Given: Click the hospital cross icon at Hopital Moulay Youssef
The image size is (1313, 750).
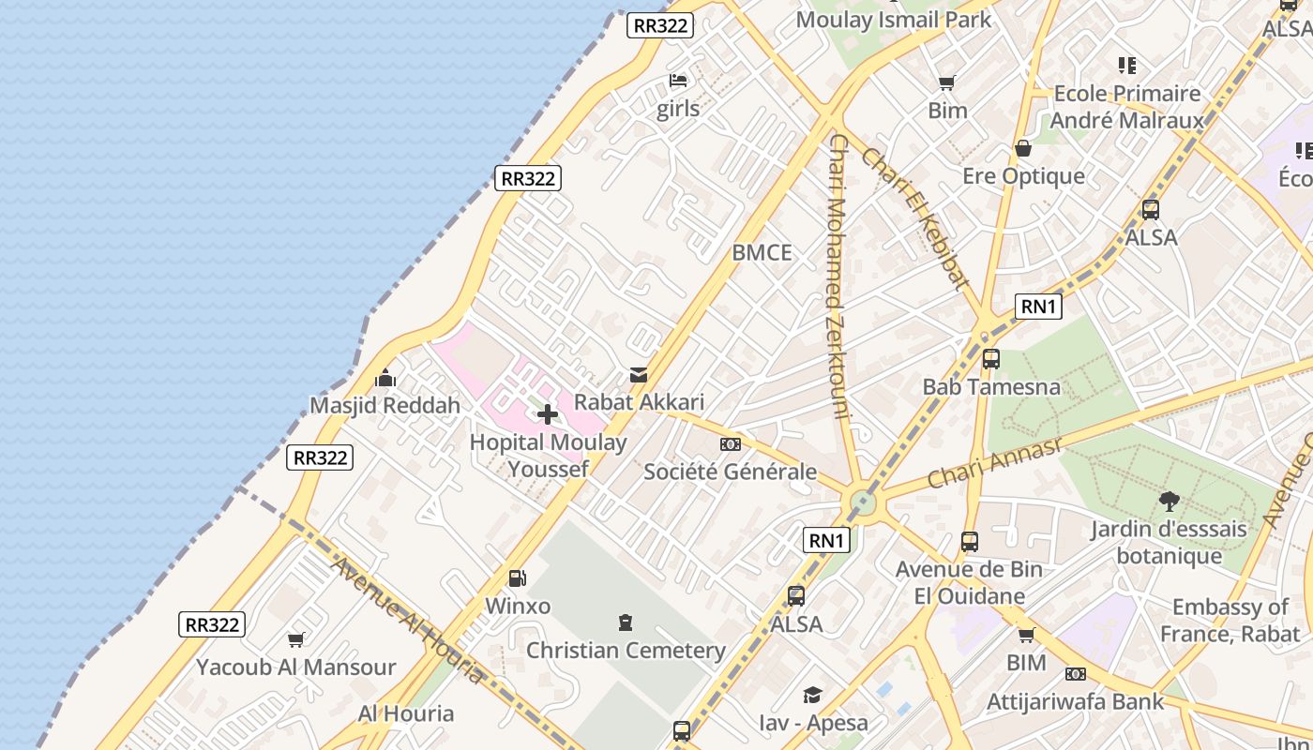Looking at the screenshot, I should [548, 413].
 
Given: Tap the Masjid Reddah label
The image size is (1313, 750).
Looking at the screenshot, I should [385, 406].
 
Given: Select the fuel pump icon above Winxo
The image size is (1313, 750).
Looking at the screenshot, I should [517, 578].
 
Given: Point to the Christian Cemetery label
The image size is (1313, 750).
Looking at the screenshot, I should [626, 651].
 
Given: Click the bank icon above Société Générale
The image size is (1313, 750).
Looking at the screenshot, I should [730, 444].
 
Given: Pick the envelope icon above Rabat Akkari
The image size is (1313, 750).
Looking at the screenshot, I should [639, 375].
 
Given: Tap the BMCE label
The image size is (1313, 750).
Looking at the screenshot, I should [762, 253].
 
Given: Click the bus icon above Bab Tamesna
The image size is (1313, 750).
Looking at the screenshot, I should [990, 358].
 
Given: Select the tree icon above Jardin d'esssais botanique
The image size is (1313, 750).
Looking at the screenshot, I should [1169, 501].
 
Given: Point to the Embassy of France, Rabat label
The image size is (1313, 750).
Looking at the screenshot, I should [1230, 621].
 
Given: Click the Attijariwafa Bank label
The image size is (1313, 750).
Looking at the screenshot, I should [1075, 701].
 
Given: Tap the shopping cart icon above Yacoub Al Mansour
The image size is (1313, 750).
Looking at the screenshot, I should [296, 639].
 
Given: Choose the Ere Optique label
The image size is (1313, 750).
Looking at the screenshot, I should [1023, 176].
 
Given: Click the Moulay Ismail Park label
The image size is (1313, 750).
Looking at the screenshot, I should [893, 20].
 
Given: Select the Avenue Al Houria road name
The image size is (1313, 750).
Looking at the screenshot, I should [407, 620].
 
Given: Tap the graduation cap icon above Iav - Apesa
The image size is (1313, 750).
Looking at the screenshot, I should [812, 695].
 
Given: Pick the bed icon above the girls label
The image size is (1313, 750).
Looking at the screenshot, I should [678, 81].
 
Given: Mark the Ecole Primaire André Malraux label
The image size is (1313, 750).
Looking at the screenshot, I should [1126, 107].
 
